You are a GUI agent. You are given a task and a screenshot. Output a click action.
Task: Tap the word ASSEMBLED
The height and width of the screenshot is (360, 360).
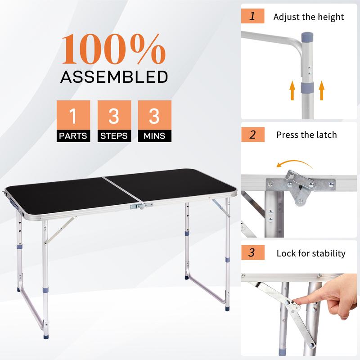pos(113,76)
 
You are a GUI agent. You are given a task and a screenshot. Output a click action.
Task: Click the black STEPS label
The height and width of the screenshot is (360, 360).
pos(114,135)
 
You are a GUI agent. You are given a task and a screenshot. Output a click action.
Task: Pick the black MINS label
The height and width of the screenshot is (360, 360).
pos(154,135)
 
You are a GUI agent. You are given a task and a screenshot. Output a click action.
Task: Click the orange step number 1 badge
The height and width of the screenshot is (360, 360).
pos(252,17)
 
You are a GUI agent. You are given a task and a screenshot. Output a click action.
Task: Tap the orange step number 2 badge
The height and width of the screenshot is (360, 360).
pos(252,134)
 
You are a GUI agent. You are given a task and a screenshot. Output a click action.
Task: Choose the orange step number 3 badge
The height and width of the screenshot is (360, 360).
pos(252,252)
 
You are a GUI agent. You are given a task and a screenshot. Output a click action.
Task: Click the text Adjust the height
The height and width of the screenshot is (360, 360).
pos(309,18)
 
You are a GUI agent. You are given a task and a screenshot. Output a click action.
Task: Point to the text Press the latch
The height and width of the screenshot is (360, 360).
pos(306,135)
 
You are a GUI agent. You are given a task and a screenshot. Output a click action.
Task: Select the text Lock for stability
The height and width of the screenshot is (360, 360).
pos(311,253)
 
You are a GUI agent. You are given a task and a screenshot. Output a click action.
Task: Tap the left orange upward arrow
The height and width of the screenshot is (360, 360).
pos(292,90)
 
